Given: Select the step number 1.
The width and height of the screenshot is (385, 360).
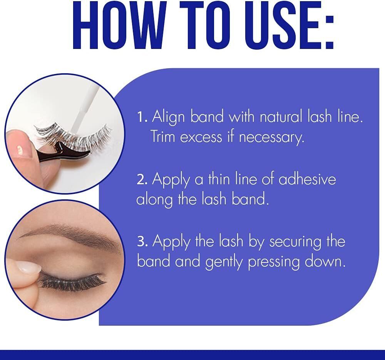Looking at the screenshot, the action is click(x=142, y=117).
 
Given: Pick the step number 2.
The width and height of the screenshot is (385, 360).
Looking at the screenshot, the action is click(x=142, y=179).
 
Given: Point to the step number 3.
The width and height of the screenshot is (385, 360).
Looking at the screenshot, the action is click(x=142, y=242).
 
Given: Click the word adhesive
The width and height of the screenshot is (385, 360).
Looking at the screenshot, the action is click(x=307, y=178).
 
